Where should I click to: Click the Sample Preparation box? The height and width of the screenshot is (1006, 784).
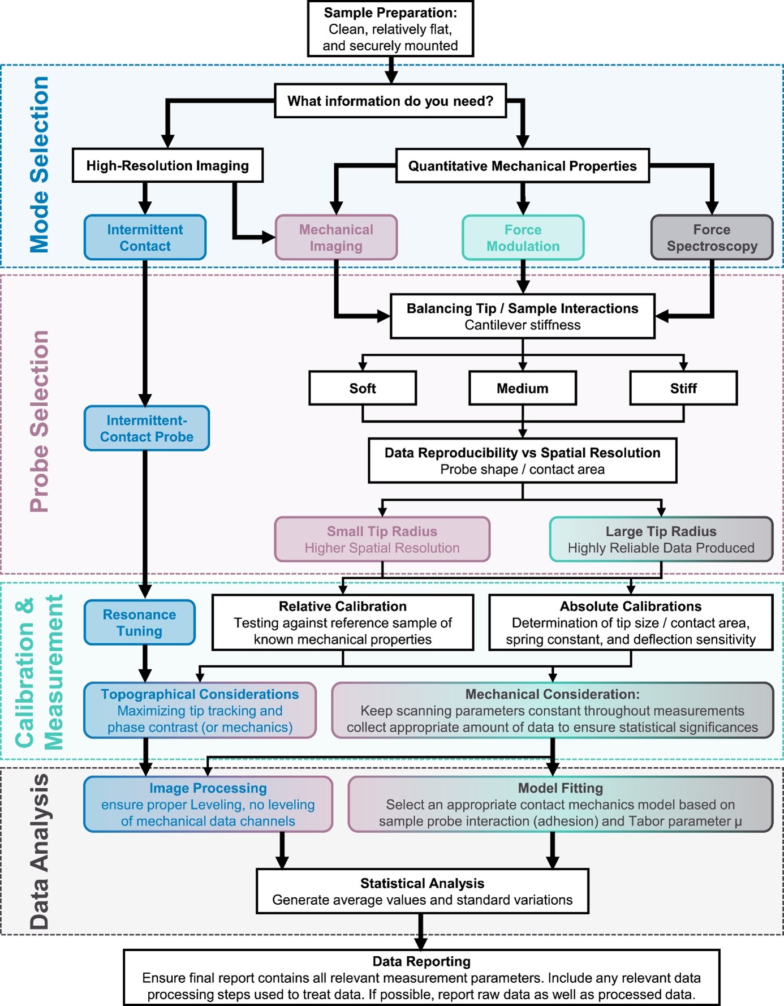pyautogui.click(x=390, y=29)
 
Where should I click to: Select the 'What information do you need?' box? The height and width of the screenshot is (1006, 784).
pyautogui.click(x=390, y=101)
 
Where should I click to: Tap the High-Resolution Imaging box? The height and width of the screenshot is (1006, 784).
pyautogui.click(x=167, y=165)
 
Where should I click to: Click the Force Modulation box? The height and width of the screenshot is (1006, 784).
pyautogui.click(x=523, y=238)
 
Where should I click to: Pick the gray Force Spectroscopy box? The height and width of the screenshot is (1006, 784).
pyautogui.click(x=712, y=238)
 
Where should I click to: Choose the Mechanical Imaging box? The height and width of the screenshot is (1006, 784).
pyautogui.click(x=336, y=238)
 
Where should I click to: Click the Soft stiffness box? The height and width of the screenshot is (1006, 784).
pyautogui.click(x=363, y=388)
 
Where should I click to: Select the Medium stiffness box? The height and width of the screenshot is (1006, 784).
pyautogui.click(x=523, y=388)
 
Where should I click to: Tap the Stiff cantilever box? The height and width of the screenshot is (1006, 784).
pyautogui.click(x=683, y=388)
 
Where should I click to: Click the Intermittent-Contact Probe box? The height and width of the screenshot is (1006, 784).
pyautogui.click(x=147, y=428)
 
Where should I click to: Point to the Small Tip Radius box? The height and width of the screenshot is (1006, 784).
pyautogui.click(x=382, y=539)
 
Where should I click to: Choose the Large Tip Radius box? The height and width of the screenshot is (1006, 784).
pyautogui.click(x=661, y=539)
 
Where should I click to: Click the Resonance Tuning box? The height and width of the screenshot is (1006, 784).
pyautogui.click(x=139, y=622)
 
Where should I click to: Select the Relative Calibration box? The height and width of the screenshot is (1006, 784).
pyautogui.click(x=343, y=622)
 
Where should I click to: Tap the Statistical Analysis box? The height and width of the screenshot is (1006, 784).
pyautogui.click(x=423, y=891)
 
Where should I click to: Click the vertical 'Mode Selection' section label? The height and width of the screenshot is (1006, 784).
pyautogui.click(x=40, y=164)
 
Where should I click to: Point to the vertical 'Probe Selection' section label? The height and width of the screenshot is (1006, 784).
pyautogui.click(x=40, y=422)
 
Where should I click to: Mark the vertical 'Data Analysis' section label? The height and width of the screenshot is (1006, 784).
pyautogui.click(x=40, y=852)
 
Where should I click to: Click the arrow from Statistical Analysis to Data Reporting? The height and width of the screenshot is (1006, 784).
pyautogui.click(x=420, y=931)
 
